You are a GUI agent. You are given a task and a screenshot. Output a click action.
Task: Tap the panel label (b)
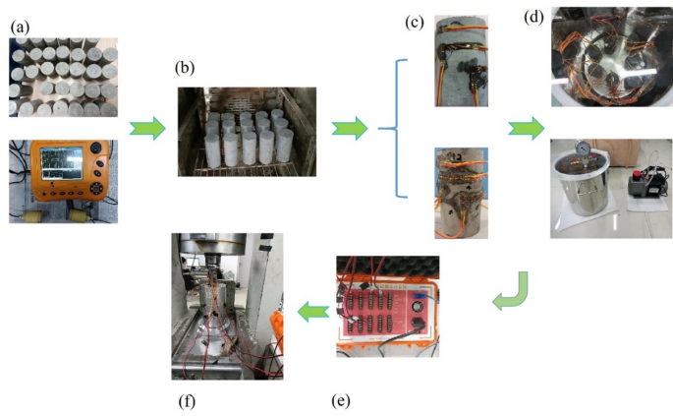point(184,69)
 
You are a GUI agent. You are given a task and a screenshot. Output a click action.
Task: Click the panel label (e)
point(341,401)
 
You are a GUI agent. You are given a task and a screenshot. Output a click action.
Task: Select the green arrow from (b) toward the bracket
point(349,128)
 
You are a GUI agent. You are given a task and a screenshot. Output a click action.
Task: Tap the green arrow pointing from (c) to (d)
point(525,128)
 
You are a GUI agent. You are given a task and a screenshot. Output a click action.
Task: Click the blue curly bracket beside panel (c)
point(390,128)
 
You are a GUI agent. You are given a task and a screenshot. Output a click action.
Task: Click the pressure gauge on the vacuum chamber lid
point(586,154)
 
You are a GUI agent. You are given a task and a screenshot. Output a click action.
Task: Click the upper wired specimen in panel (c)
point(461,61)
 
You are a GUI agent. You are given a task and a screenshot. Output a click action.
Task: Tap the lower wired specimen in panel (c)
point(460,193)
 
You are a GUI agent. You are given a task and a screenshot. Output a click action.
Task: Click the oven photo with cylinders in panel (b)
point(247,131)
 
